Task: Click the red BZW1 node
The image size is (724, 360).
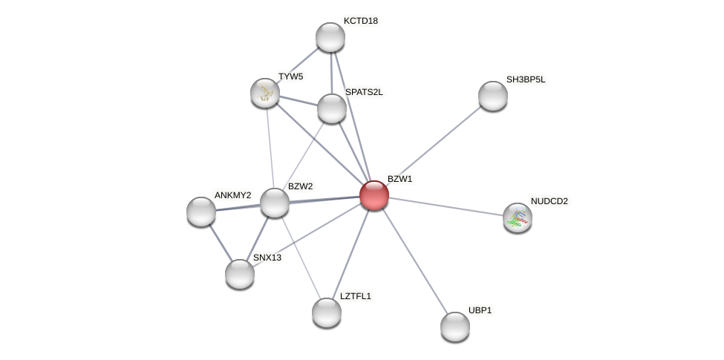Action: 374,195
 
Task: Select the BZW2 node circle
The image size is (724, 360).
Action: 274,203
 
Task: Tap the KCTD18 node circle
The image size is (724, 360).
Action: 330,37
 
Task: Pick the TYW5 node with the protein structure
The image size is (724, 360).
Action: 265,93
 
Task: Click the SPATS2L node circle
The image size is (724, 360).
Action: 332,108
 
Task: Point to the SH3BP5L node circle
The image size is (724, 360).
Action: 493,96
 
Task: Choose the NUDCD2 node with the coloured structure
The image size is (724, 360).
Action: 518,217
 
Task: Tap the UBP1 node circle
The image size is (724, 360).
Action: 455,327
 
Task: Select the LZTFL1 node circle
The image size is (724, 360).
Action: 327,312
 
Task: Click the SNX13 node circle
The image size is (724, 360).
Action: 240,274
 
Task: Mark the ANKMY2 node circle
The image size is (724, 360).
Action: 201,212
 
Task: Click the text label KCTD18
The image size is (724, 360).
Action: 360,21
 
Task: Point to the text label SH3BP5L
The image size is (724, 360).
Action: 526,79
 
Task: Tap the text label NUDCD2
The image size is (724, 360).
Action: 549,201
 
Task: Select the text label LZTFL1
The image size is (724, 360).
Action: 355,296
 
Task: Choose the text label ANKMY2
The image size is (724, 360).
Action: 232,195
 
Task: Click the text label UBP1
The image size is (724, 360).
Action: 480,310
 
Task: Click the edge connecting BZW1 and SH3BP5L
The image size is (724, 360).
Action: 434,145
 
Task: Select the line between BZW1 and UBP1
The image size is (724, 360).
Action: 414,260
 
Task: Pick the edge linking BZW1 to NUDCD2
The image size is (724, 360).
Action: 446,206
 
